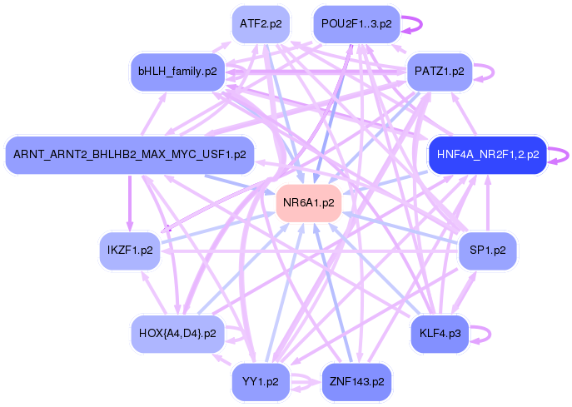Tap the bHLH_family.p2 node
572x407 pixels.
pos(177,72)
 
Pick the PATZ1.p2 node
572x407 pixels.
pos(439,72)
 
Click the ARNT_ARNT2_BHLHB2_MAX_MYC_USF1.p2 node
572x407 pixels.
pos(129,155)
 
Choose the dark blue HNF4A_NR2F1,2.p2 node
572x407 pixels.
pos(487,155)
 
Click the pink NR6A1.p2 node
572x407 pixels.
pos(309,202)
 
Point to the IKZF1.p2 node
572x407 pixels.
pos(130,250)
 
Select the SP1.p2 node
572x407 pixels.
pos(488,250)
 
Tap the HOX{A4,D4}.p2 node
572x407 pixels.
pos(178,333)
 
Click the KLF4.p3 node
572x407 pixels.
pos(440,333)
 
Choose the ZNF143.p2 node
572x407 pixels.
pos(356,381)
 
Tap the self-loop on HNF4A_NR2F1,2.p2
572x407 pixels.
pos(560,155)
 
